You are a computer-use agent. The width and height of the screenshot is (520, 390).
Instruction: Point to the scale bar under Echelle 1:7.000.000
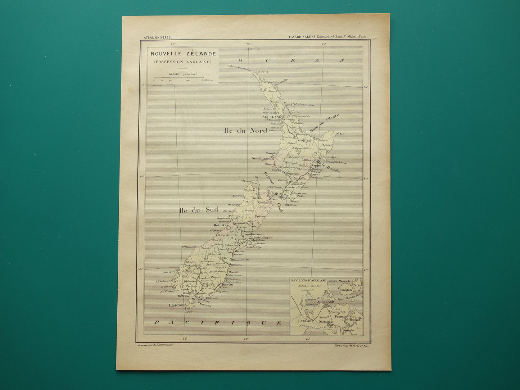(178, 78)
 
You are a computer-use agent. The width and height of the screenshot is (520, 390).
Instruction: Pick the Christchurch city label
(262, 238)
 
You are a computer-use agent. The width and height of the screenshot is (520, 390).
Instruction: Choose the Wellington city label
(288, 198)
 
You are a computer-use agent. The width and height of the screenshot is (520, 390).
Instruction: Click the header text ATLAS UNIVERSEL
(158, 37)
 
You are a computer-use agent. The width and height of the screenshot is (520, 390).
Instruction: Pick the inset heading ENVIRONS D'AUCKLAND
(308, 280)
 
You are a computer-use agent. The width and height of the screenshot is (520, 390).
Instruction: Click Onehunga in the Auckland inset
(324, 322)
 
